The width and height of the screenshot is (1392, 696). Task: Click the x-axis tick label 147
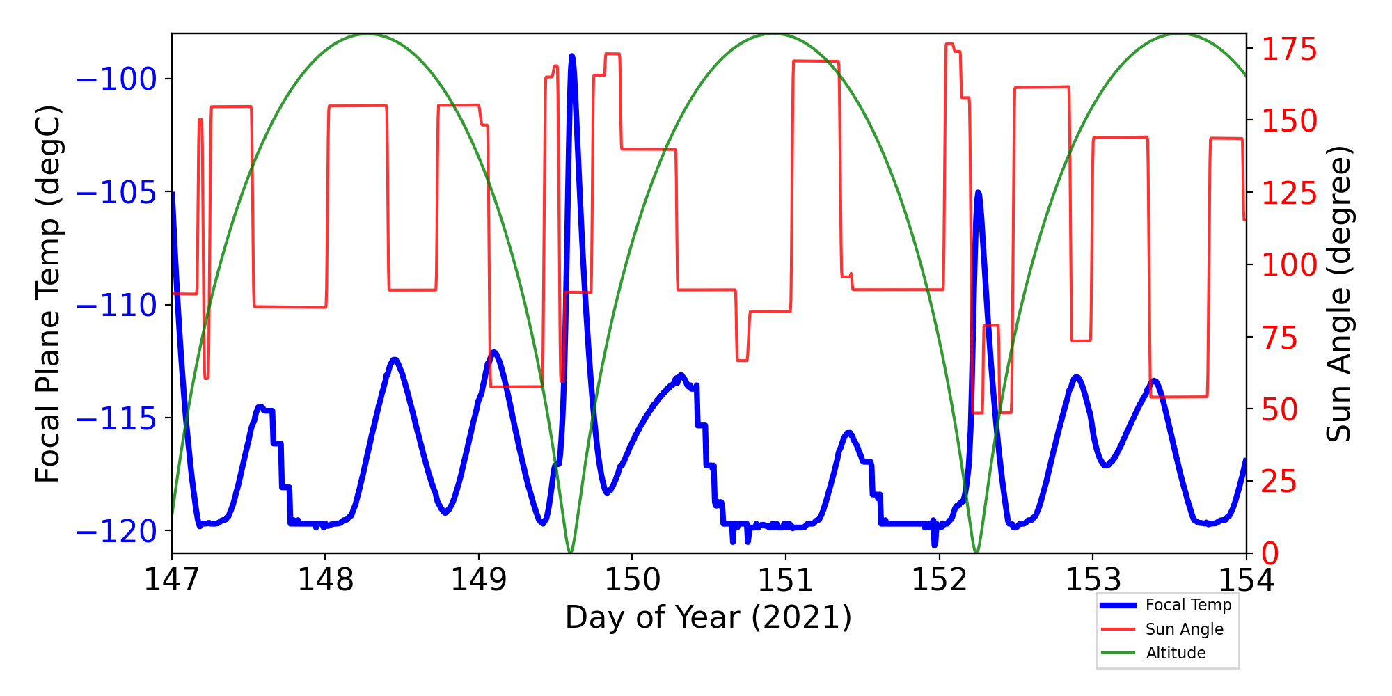[171, 580]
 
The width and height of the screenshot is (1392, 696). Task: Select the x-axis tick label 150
[632, 580]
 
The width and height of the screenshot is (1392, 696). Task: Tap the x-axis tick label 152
[939, 580]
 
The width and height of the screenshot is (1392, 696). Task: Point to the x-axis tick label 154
[1246, 580]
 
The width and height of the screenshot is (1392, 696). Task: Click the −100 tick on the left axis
[116, 79]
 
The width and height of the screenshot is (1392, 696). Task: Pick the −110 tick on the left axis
[116, 305]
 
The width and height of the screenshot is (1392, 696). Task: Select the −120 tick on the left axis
[116, 531]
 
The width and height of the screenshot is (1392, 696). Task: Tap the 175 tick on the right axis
[1290, 49]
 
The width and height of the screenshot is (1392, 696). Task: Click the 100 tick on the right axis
[1290, 264]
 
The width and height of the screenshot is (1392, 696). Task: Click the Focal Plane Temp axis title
[48, 294]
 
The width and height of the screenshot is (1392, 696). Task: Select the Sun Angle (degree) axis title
[1338, 294]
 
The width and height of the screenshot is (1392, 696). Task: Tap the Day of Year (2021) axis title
[709, 617]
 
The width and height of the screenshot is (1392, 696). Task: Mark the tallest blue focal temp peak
[572, 56]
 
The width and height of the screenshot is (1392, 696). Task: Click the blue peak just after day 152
[978, 192]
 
